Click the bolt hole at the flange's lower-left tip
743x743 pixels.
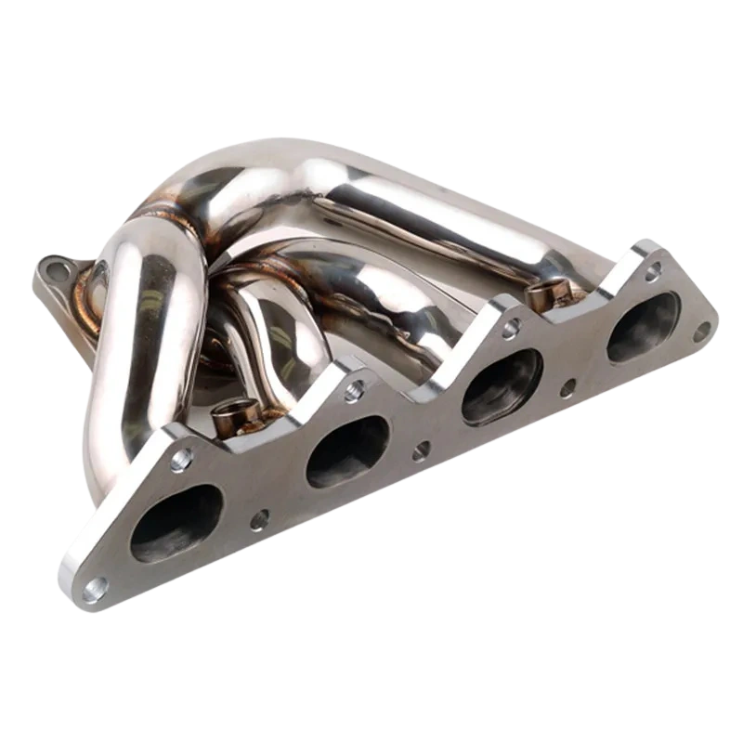(x=95, y=587)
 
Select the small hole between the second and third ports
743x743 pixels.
(x=421, y=450)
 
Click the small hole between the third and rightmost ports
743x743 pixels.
(x=568, y=381)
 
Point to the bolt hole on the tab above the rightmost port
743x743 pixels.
(x=653, y=269)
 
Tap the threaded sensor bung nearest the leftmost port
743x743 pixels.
(x=228, y=414)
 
